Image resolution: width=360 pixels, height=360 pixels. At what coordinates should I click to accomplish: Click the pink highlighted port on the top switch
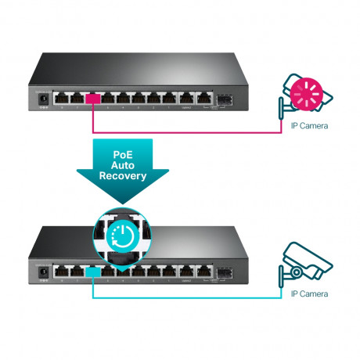[x=94, y=99]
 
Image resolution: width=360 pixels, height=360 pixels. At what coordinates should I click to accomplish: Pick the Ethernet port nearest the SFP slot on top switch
[x=204, y=99]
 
